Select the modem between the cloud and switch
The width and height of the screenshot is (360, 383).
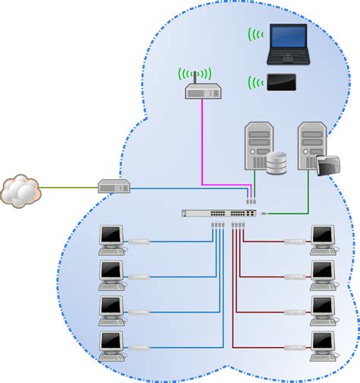(x=115, y=185)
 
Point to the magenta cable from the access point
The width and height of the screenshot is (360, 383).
(x=202, y=144)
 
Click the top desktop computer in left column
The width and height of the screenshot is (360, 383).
(x=112, y=239)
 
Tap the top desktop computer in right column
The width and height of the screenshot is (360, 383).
(x=324, y=239)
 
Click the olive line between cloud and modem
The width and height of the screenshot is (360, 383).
(x=68, y=186)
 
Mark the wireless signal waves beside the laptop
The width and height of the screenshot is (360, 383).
(x=256, y=34)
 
